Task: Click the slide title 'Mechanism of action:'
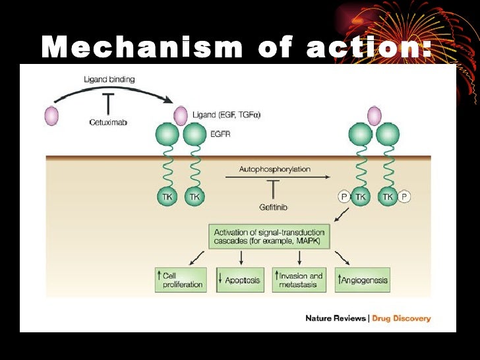[237, 47]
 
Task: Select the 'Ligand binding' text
[109, 79]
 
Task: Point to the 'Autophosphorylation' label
[274, 169]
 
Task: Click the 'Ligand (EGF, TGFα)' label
[226, 115]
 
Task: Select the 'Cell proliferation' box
[180, 280]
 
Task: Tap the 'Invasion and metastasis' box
[300, 280]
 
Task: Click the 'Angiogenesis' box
[362, 280]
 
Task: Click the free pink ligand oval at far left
[51, 116]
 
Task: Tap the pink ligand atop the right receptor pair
[374, 115]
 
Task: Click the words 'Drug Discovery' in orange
[402, 318]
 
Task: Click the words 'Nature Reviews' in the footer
[335, 318]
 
